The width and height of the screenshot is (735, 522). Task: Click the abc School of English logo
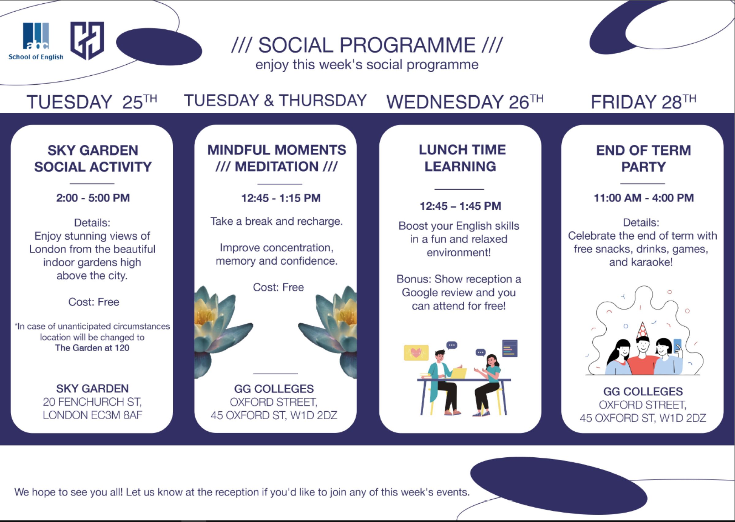pos(36,41)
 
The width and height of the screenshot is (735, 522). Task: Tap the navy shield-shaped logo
pos(87,40)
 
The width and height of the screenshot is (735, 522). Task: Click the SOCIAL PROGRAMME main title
pos(367,45)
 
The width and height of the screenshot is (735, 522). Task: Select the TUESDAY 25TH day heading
pos(92,101)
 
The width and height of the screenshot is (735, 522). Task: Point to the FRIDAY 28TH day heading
pos(643,101)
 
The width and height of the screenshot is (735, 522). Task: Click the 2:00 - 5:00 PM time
pos(93,198)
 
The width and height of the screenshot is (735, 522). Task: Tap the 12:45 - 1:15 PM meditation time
pos(281,198)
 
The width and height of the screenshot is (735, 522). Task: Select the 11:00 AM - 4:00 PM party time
pos(643,198)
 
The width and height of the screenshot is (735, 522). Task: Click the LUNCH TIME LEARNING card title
pos(462,158)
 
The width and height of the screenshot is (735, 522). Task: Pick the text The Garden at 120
pos(92,348)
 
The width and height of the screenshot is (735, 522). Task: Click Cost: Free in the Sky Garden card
pos(93,302)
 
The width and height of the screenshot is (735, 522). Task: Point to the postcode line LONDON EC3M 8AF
pos(92,415)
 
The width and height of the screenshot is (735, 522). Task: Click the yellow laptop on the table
pos(459,373)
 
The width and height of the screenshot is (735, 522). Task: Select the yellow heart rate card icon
pos(416,352)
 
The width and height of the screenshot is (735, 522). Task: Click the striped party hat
pos(642,330)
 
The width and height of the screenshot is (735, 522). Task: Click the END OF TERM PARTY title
pos(643,158)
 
